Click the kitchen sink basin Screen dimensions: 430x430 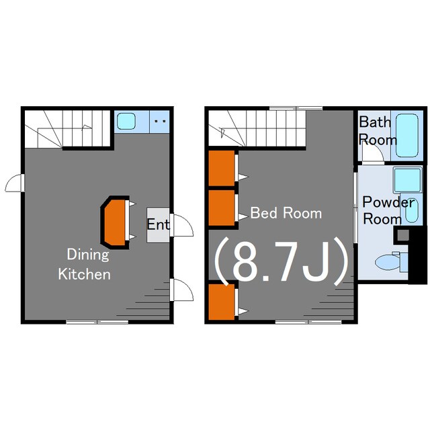click(x=126, y=121)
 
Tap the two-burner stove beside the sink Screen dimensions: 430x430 click(x=160, y=122)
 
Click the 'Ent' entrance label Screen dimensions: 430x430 click(x=158, y=224)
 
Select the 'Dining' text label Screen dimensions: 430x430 click(x=88, y=255)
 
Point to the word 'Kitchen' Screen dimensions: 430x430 click(x=85, y=274)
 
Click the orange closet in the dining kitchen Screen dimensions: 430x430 click(x=115, y=222)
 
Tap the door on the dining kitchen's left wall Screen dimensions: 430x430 click(x=13, y=183)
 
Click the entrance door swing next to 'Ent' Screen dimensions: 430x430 click(x=181, y=225)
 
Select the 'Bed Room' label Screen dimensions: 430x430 click(x=286, y=213)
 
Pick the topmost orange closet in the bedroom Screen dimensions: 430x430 click(x=222, y=168)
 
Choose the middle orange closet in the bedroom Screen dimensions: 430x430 click(x=222, y=208)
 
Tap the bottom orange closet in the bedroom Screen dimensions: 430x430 click(x=222, y=302)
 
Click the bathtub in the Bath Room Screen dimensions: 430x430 click(x=407, y=136)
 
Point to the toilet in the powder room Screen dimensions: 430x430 click(x=391, y=262)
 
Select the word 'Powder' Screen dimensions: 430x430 click(x=388, y=202)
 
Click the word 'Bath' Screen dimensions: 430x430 click(x=375, y=122)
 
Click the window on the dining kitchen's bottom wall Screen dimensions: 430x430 click(x=97, y=322)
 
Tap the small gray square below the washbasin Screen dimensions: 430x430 click(x=403, y=235)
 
